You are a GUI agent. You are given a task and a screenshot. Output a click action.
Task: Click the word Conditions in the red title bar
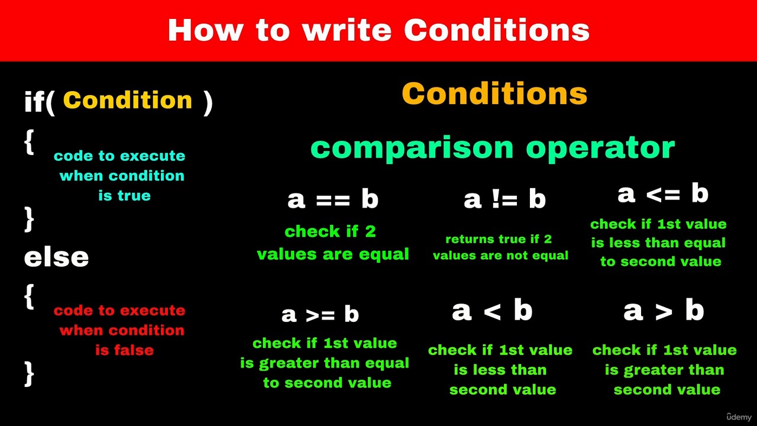[x=496, y=30]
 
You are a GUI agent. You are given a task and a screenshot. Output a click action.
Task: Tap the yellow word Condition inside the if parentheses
[x=127, y=100]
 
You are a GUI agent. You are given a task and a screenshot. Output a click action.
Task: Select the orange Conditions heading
[x=494, y=93]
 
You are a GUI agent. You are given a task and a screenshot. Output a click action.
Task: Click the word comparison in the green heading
[x=412, y=148]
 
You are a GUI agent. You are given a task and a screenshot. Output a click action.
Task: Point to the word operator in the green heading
[x=600, y=148]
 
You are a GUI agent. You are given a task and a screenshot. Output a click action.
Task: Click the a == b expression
[x=333, y=199]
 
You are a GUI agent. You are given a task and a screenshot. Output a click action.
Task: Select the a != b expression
[x=504, y=199]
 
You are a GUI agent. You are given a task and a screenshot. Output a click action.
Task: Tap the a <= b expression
[x=663, y=193]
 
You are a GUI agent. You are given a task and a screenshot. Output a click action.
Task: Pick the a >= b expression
[x=320, y=314]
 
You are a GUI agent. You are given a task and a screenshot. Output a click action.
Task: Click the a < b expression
[x=492, y=311]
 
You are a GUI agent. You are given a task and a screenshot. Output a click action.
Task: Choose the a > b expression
[x=664, y=311]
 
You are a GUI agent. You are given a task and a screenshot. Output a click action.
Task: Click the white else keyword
[x=56, y=257]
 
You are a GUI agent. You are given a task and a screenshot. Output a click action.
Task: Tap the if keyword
[x=35, y=101]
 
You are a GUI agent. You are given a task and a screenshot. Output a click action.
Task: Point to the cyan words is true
[x=124, y=195]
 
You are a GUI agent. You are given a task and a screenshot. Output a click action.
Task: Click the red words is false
[x=124, y=350]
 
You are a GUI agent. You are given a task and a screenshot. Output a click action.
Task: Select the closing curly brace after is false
[x=29, y=374]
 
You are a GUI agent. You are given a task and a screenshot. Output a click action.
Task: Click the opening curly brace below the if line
[x=29, y=143]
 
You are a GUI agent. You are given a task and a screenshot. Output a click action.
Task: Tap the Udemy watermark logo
[x=739, y=417]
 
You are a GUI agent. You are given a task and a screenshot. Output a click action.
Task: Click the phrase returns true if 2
[x=499, y=239]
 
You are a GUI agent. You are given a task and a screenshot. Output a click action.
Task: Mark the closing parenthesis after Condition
[x=208, y=103]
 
